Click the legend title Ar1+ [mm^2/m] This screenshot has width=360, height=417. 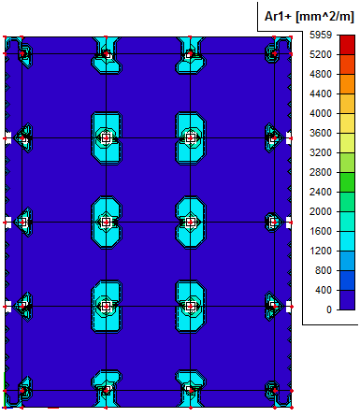(x=310, y=16)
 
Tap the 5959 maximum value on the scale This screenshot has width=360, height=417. (x=321, y=35)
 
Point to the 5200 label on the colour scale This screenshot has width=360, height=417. (x=321, y=54)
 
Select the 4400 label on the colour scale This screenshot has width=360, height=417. (x=321, y=93)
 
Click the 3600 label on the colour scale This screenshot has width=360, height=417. (x=321, y=133)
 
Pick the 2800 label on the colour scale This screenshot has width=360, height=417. (x=321, y=172)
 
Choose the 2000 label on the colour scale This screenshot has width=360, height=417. (x=321, y=211)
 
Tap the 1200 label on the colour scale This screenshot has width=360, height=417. (x=321, y=251)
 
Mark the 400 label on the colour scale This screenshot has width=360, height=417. (x=324, y=290)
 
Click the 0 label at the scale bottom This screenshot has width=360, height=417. (x=329, y=309)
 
